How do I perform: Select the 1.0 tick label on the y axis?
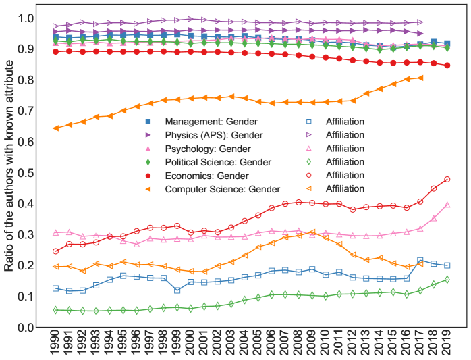24,18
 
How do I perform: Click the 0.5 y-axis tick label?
24,173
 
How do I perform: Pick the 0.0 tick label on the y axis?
24,328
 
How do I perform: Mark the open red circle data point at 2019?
447,180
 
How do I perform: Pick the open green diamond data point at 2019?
447,280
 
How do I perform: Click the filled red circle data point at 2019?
447,66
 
